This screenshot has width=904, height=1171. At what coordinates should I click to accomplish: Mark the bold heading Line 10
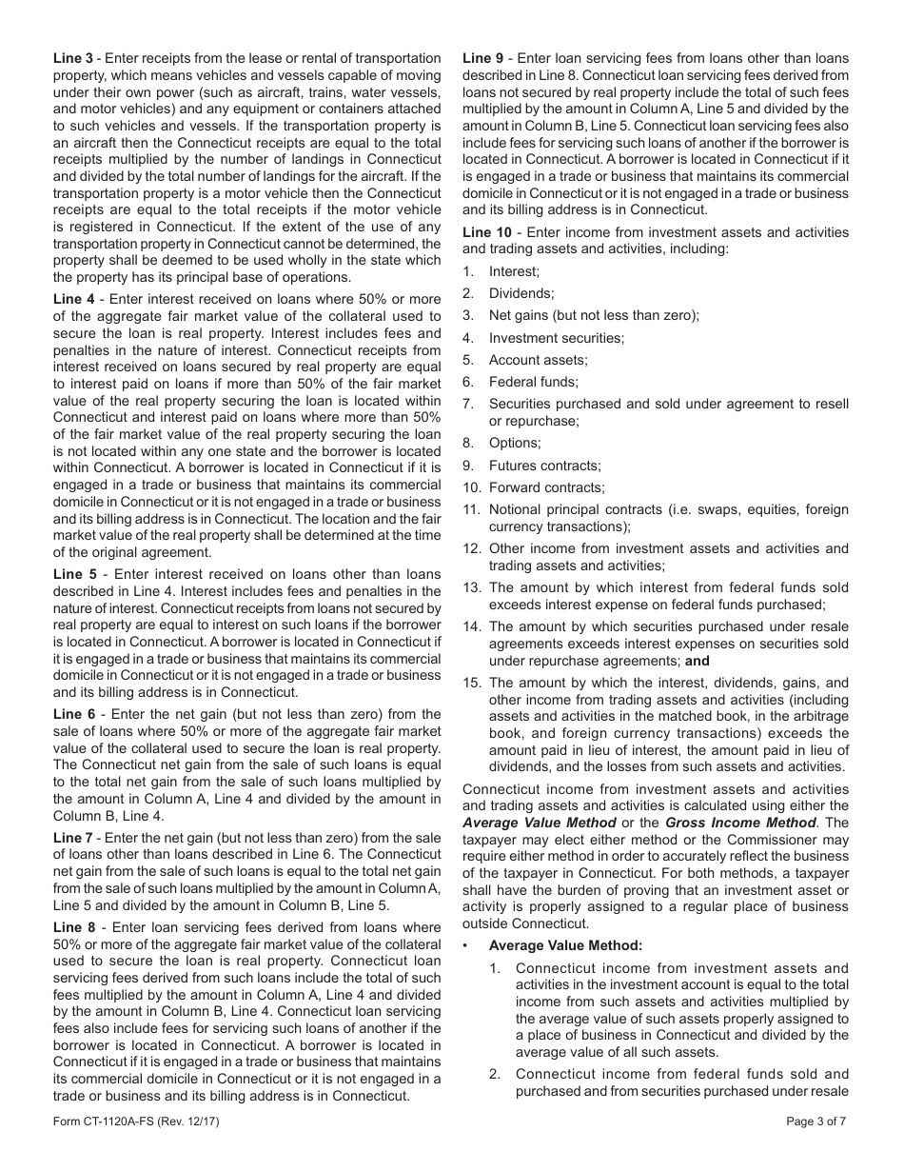[487, 232]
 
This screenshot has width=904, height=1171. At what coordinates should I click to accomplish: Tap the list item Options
[514, 443]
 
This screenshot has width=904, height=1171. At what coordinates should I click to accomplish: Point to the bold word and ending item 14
[698, 661]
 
